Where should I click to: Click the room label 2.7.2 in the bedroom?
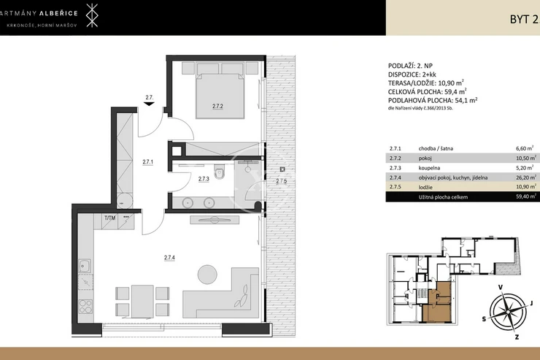tap(217, 107)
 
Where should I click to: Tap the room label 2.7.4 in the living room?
tap(169, 257)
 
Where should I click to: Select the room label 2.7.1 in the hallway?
tap(147, 161)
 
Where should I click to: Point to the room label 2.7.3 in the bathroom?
tap(204, 179)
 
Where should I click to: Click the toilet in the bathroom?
tap(219, 172)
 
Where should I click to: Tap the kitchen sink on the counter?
tap(85, 266)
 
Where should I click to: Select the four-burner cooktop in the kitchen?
tap(85, 307)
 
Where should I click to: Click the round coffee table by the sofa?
tap(207, 275)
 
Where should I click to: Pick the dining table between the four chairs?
tap(142, 302)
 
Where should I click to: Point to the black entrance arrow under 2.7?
tap(149, 104)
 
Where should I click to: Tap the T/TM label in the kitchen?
tap(110, 218)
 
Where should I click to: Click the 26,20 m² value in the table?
tap(526, 177)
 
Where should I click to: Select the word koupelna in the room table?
tap(429, 168)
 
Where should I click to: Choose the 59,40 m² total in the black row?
tap(526, 196)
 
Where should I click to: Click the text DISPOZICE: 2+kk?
tap(412, 74)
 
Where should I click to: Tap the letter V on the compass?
tap(501, 288)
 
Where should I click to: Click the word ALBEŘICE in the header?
tap(58, 13)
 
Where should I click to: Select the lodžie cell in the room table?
tap(425, 187)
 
